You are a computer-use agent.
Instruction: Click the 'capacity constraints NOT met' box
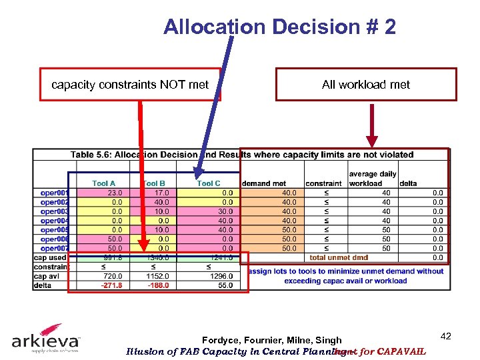pos(130,85)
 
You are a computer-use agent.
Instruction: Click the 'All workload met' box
pos(366,85)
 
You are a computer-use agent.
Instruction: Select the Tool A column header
pos(103,183)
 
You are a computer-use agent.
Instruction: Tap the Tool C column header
pos(209,183)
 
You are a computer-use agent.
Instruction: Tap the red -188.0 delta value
pos(159,285)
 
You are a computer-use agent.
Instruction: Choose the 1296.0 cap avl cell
pos(221,276)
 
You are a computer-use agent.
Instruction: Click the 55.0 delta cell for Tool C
pos(224,285)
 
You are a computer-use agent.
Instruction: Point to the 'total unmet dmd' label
pos(338,257)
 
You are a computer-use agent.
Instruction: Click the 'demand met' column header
pos(264,183)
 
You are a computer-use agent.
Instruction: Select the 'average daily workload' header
pos(372,179)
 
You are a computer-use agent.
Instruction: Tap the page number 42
pos(446,337)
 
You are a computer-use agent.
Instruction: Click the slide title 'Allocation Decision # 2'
pos(279,27)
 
